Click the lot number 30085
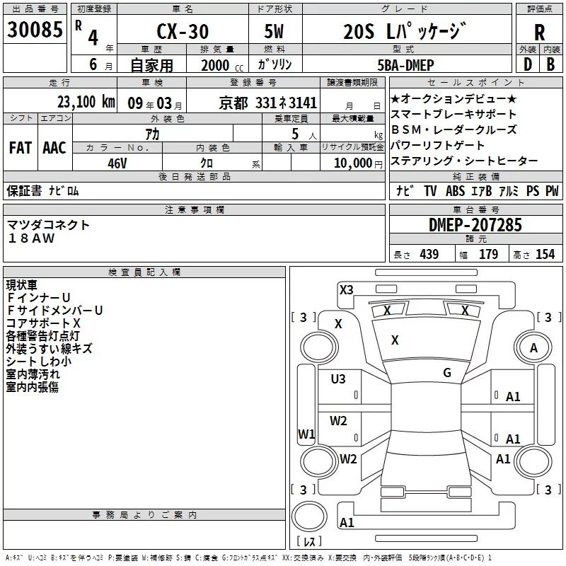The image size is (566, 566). [x=34, y=30]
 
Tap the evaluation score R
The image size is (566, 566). [x=539, y=32]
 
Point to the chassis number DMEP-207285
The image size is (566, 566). [x=475, y=225]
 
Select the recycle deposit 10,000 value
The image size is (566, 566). [x=352, y=163]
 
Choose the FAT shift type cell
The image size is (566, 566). [x=20, y=148]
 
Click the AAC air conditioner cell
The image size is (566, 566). [x=54, y=148]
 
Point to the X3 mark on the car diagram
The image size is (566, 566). [x=346, y=289]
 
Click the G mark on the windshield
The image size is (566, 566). [x=447, y=372]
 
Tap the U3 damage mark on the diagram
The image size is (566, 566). [x=338, y=379]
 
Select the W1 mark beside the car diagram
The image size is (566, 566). [x=306, y=434]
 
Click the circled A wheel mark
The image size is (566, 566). [x=533, y=348]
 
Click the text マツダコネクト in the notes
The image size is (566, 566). [x=49, y=225]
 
